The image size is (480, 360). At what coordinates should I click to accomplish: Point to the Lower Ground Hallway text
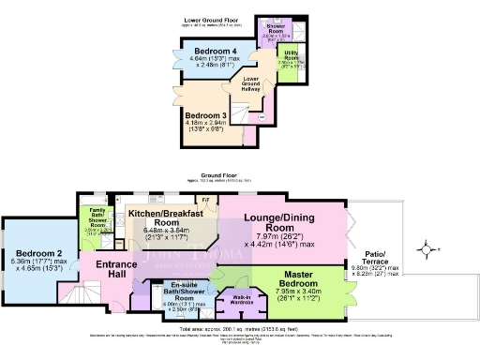pos(251,82)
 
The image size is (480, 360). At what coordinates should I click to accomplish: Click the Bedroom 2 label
pos(37,254)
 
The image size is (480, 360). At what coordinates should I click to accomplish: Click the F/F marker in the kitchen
pos(204,200)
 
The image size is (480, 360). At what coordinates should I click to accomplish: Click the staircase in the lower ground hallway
pos(247,114)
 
